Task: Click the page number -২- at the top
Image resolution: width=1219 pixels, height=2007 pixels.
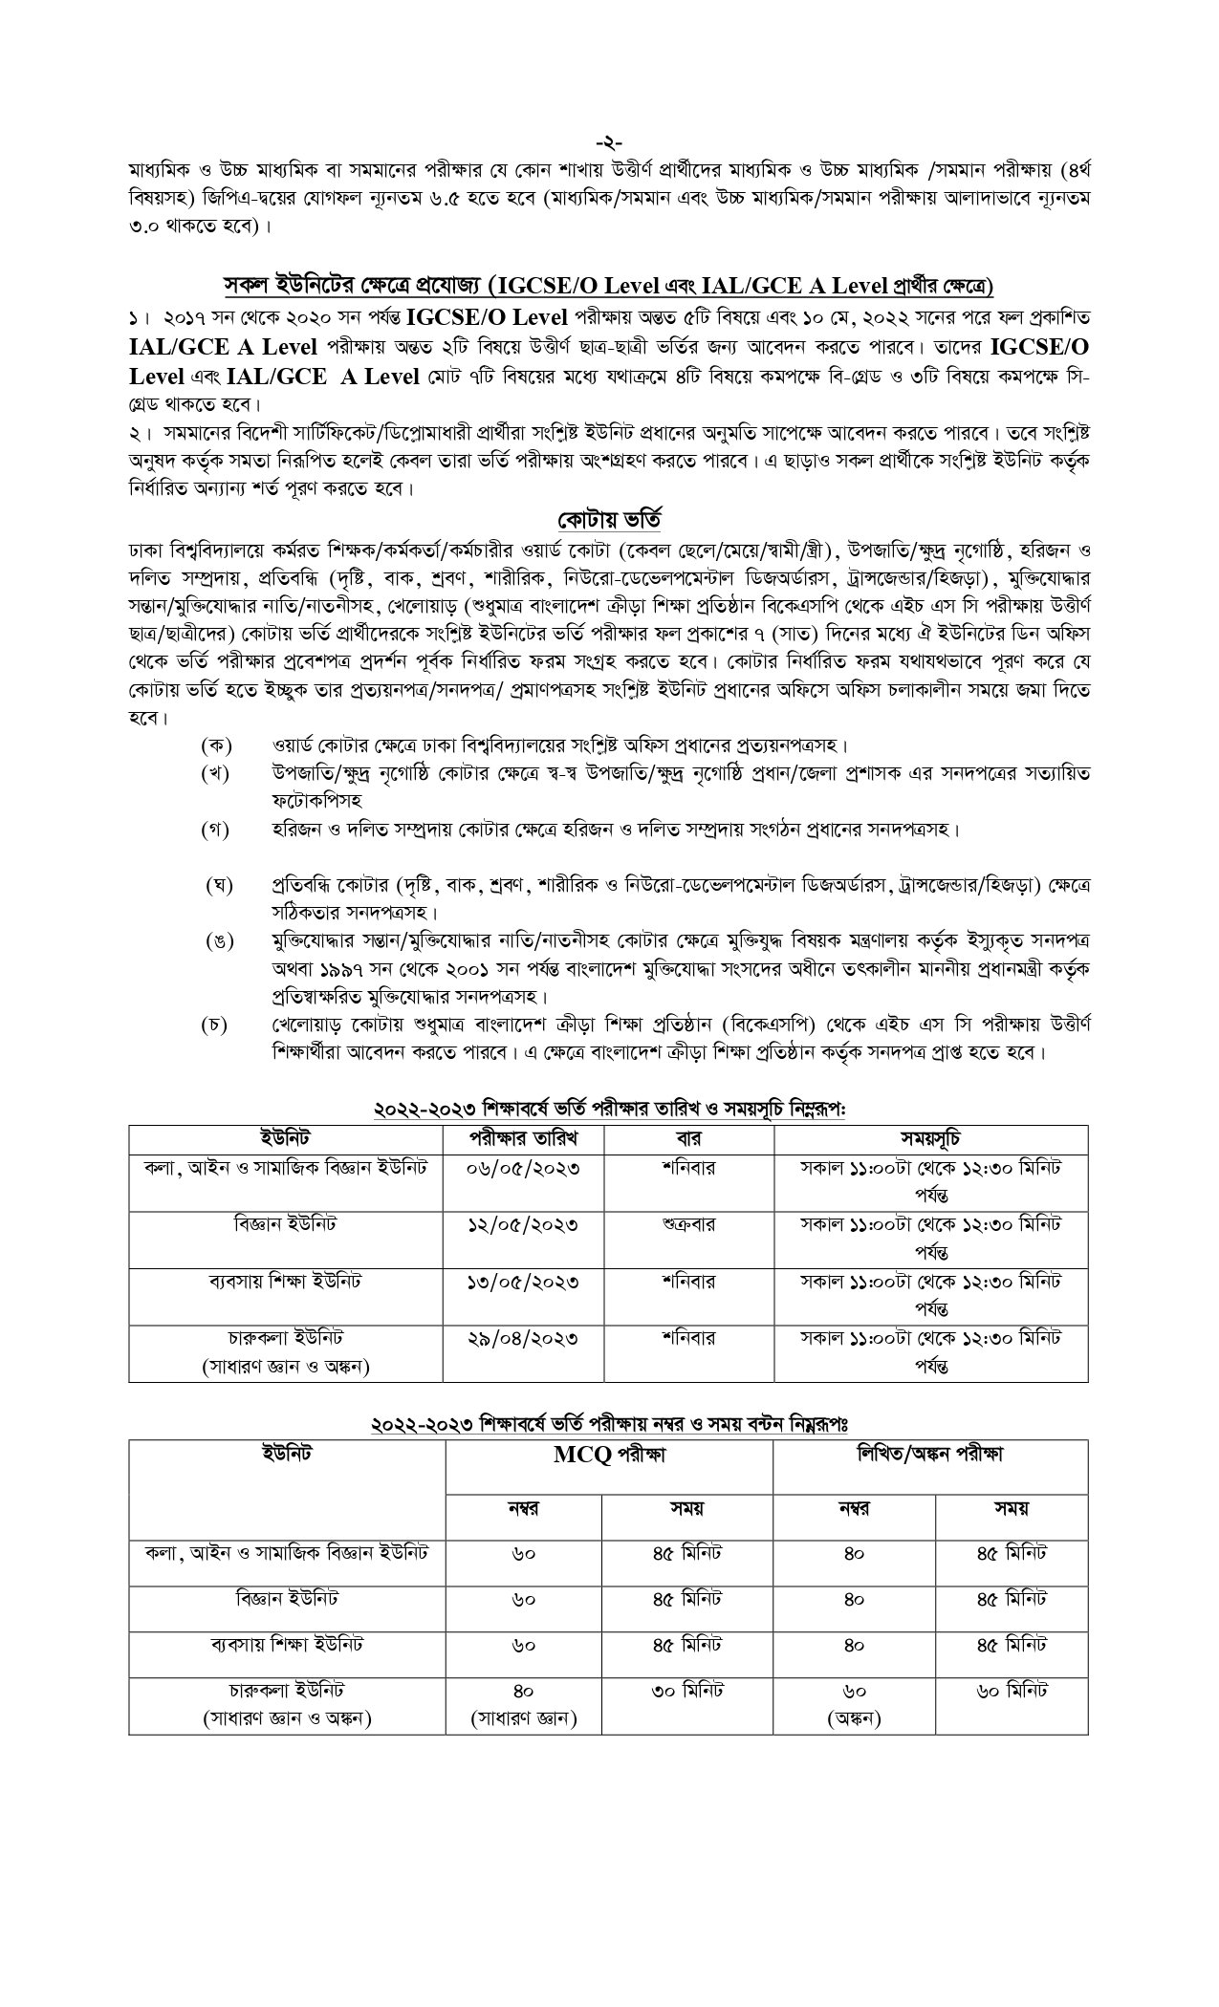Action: tap(609, 144)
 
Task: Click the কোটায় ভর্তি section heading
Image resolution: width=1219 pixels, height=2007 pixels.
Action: tap(610, 520)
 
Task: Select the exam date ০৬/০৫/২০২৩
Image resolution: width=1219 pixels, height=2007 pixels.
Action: tap(523, 1168)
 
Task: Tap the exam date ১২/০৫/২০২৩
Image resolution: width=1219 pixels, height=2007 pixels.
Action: tap(523, 1224)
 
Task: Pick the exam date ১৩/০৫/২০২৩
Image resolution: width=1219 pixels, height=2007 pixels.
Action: tap(523, 1281)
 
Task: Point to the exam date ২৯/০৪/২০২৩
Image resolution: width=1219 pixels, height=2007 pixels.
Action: tap(523, 1337)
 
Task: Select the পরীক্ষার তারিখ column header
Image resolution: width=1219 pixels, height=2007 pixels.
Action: tap(523, 1138)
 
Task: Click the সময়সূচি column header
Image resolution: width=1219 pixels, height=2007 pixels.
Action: tap(930, 1138)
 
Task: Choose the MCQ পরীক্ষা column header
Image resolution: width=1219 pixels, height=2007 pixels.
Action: tap(609, 1456)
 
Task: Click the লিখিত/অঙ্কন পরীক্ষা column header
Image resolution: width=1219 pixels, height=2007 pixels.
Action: tap(930, 1456)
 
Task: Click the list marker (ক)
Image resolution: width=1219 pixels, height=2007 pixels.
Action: tap(216, 745)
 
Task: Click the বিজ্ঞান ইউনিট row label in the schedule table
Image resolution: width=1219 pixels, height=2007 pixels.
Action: tap(285, 1224)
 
